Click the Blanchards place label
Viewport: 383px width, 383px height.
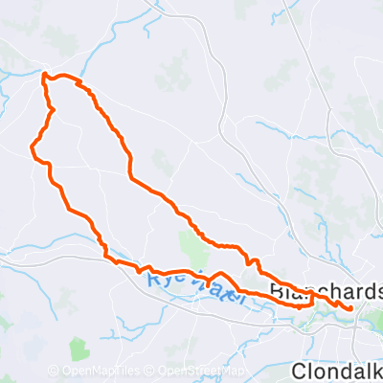(327, 289)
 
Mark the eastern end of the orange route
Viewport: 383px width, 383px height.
(351, 308)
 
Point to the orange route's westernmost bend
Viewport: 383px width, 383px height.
(33, 147)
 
